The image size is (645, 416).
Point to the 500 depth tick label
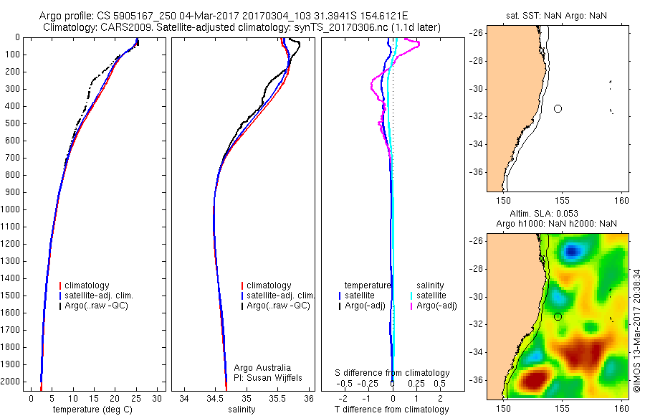(13, 123)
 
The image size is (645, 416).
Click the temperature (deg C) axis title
(94, 410)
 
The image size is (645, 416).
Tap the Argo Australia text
(263, 367)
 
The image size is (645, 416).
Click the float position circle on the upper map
(558, 108)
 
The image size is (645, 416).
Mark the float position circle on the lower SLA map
(558, 316)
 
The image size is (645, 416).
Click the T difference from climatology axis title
(391, 410)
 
